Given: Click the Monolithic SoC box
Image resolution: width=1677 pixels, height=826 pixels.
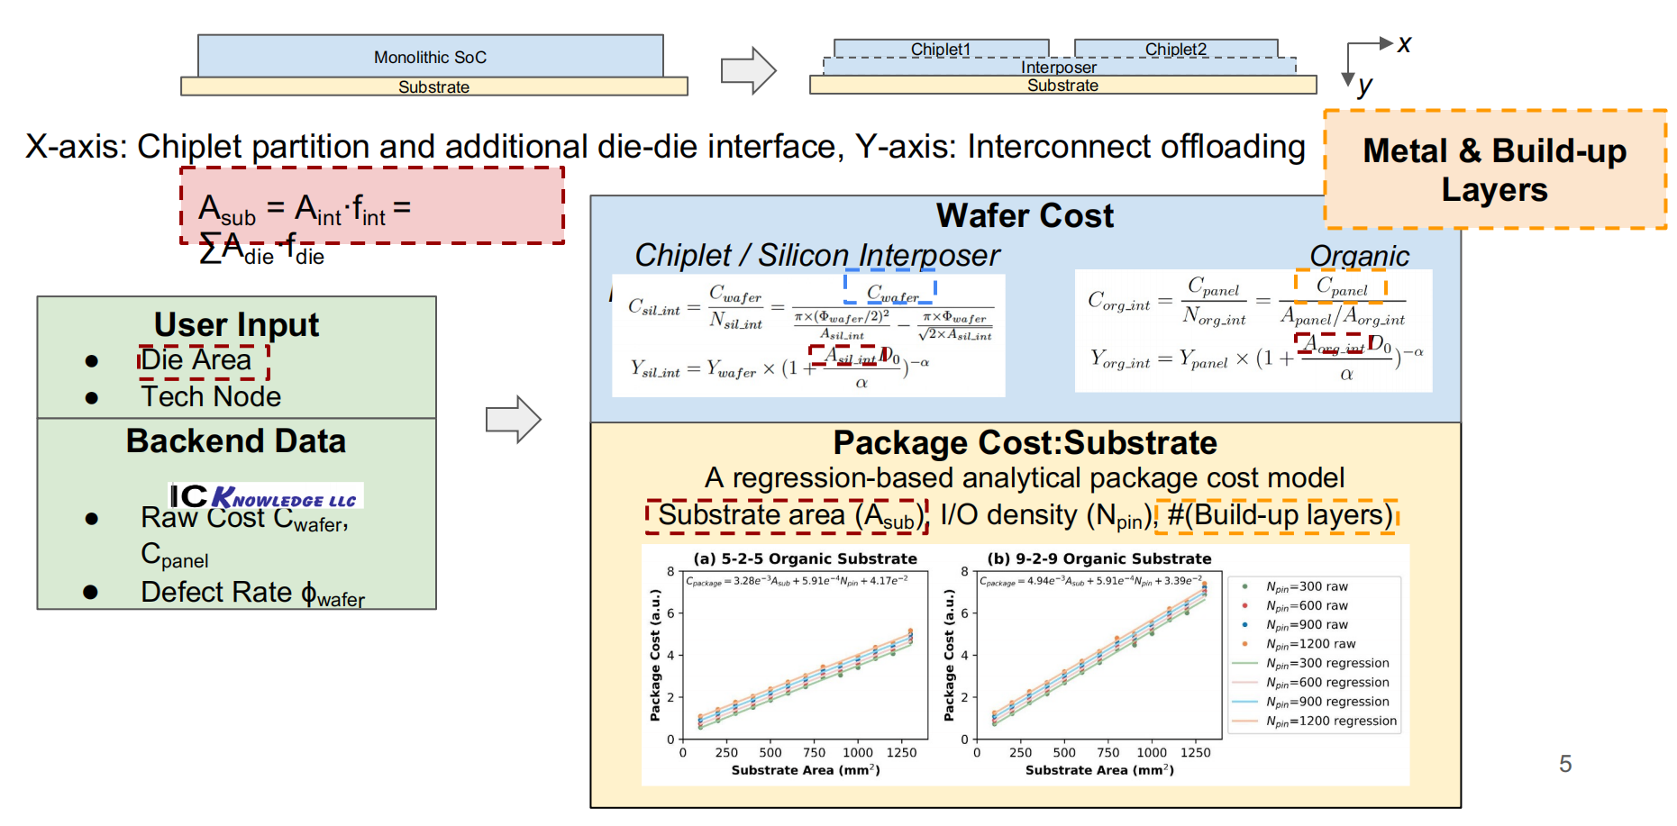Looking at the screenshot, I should pyautogui.click(x=430, y=57).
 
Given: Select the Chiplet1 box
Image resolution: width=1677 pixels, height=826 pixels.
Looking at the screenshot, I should pyautogui.click(x=941, y=49).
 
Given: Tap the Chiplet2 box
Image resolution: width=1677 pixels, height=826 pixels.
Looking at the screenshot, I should pyautogui.click(x=1175, y=49).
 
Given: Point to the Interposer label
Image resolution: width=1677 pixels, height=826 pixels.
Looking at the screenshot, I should pyautogui.click(x=1059, y=68).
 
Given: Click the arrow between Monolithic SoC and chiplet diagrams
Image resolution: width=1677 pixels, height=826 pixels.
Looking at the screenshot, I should pyautogui.click(x=748, y=70).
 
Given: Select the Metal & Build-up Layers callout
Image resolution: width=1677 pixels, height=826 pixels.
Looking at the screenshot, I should pyautogui.click(x=1494, y=169).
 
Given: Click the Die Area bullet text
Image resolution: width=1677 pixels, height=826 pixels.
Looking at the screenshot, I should pyautogui.click(x=196, y=360).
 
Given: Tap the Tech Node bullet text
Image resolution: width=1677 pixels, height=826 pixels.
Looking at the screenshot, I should pyautogui.click(x=211, y=397).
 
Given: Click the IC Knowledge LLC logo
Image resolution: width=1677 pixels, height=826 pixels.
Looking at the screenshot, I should pyautogui.click(x=267, y=496).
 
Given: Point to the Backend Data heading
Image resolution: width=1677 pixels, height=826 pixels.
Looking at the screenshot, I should pyautogui.click(x=236, y=441).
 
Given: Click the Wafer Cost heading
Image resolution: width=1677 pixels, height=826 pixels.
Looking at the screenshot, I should pyautogui.click(x=1025, y=216).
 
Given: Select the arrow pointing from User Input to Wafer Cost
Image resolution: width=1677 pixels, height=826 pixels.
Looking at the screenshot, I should pyautogui.click(x=513, y=419).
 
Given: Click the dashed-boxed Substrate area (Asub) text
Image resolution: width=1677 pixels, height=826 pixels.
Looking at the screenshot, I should pyautogui.click(x=786, y=516).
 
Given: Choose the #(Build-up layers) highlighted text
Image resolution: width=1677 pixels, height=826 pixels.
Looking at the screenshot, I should pyautogui.click(x=1277, y=516).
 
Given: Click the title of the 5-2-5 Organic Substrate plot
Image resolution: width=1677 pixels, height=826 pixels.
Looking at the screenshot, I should pyautogui.click(x=805, y=558).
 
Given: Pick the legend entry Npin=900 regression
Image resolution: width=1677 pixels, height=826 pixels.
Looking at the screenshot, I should pyautogui.click(x=1327, y=702).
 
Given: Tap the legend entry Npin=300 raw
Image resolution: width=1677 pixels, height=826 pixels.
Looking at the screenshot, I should pyautogui.click(x=1307, y=586).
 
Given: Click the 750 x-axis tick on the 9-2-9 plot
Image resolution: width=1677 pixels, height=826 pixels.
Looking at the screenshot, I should pyautogui.click(x=1107, y=753).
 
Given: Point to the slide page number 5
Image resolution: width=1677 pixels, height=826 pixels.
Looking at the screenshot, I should pyautogui.click(x=1565, y=764).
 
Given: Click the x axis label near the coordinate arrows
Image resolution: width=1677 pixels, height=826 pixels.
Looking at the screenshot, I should pyautogui.click(x=1404, y=44).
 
